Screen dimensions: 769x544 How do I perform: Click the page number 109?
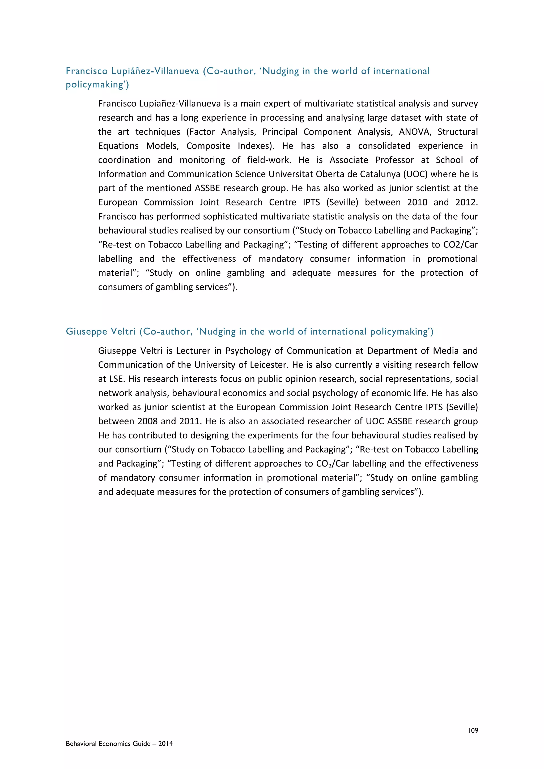pyautogui.click(x=473, y=730)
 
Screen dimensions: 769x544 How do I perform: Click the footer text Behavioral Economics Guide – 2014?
pyautogui.click(x=119, y=744)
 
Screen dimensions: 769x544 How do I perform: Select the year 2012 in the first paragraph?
pyautogui.click(x=466, y=202)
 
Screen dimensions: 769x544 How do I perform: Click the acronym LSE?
pyautogui.click(x=116, y=379)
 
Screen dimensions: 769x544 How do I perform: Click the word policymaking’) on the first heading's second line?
pyautogui.click(x=97, y=84)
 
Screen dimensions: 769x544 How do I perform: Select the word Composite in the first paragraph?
pyautogui.click(x=208, y=146)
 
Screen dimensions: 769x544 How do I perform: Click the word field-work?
pyautogui.click(x=269, y=160)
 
